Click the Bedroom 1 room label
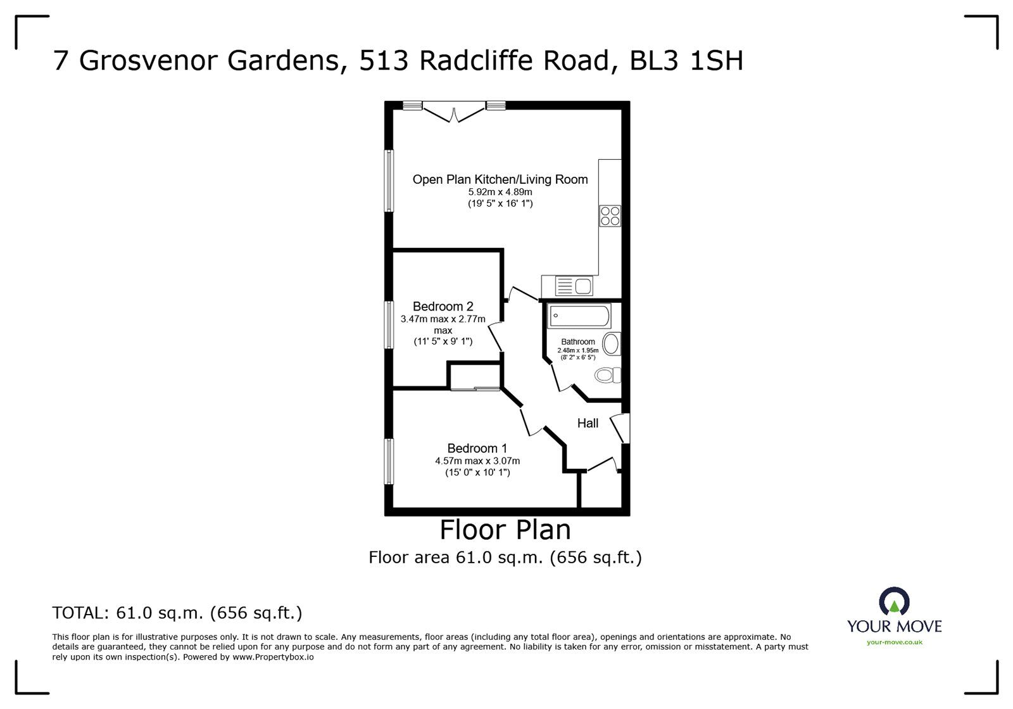477,449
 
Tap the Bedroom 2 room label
443,307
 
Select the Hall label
588,423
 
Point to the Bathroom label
578,342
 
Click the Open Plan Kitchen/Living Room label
500,179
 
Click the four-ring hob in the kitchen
610,216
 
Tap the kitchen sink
574,286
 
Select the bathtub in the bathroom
579,316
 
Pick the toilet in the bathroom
607,375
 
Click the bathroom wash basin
612,344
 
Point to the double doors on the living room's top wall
454,112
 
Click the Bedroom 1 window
389,461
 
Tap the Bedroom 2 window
389,325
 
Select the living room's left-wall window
389,181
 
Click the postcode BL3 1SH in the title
686,61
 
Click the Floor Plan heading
505,530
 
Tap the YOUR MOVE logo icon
894,601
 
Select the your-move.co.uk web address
895,642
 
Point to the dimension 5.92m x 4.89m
500,192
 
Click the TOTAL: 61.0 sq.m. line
177,613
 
